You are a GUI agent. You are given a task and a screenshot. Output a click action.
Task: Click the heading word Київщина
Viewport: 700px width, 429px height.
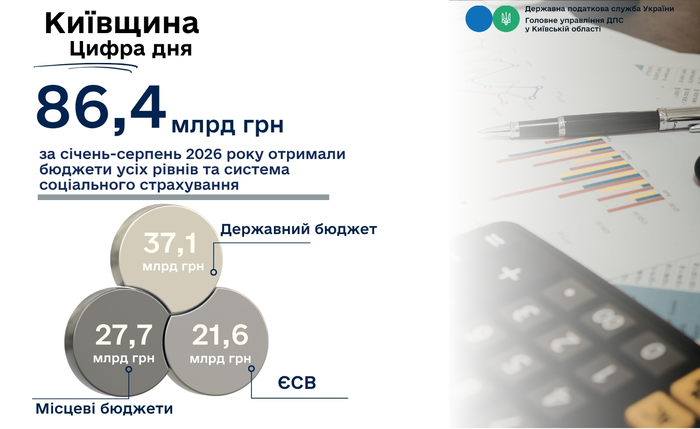coord(122,23)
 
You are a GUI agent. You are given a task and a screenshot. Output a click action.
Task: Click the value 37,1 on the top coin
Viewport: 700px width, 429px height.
coord(170,244)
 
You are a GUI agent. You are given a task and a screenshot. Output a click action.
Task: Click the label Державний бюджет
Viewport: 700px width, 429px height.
coord(299,229)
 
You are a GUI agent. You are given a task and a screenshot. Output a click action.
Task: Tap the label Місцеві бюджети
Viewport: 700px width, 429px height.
coord(105,408)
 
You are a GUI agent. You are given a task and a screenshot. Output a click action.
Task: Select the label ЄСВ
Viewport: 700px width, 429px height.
coord(297,383)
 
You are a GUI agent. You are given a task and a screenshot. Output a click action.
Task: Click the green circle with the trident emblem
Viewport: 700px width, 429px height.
coord(506,19)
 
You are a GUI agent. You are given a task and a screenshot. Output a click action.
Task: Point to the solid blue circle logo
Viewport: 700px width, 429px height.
coord(479,19)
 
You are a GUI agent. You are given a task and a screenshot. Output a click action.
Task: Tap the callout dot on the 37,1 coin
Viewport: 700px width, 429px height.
coord(213,272)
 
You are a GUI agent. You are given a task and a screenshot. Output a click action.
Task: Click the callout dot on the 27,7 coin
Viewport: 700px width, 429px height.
coord(128,369)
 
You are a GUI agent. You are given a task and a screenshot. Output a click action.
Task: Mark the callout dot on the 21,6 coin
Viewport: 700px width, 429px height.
coord(251,369)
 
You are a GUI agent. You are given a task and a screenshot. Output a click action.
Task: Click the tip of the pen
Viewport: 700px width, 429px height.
coord(479,131)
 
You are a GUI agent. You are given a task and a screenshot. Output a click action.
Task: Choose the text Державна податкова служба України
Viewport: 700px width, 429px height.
coord(599,9)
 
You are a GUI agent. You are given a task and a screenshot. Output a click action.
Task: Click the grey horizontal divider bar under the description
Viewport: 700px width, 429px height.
coord(183,197)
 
